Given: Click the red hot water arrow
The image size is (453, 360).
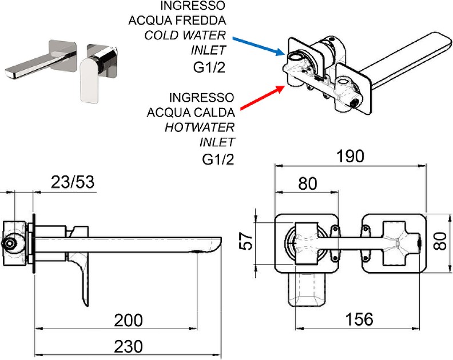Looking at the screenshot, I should click(x=260, y=97).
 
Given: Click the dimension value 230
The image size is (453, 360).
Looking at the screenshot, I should click(x=128, y=346).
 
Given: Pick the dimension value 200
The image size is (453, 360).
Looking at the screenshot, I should click(x=128, y=320).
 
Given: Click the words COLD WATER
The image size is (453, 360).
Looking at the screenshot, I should click(x=185, y=35).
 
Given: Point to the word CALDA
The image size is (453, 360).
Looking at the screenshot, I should click(x=206, y=110).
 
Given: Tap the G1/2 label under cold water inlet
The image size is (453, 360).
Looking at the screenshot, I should click(x=209, y=67).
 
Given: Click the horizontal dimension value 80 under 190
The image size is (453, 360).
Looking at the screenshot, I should click(x=308, y=184).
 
